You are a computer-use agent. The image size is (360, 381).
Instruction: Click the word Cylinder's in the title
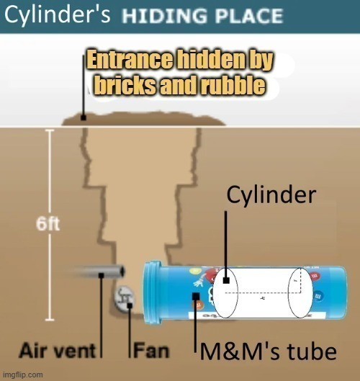coord(58,15)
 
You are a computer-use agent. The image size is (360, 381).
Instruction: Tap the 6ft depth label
coord(48,224)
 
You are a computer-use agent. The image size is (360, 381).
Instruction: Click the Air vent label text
coord(58,351)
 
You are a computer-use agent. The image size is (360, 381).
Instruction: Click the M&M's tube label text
coord(268,351)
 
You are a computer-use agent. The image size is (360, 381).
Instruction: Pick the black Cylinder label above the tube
coord(271,194)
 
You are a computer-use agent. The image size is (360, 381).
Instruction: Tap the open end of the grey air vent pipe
coord(122,271)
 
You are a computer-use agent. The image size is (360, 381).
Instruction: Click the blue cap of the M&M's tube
coord(153,292)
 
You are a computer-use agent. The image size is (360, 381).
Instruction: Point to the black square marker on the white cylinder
coord(226,280)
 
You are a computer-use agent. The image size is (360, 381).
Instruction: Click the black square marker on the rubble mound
coord(84,117)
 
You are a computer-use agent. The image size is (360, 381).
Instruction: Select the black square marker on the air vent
coord(102,275)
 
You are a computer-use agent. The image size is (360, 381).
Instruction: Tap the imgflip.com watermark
coord(23,375)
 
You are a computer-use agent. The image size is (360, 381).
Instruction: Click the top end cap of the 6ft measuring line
coord(50,130)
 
